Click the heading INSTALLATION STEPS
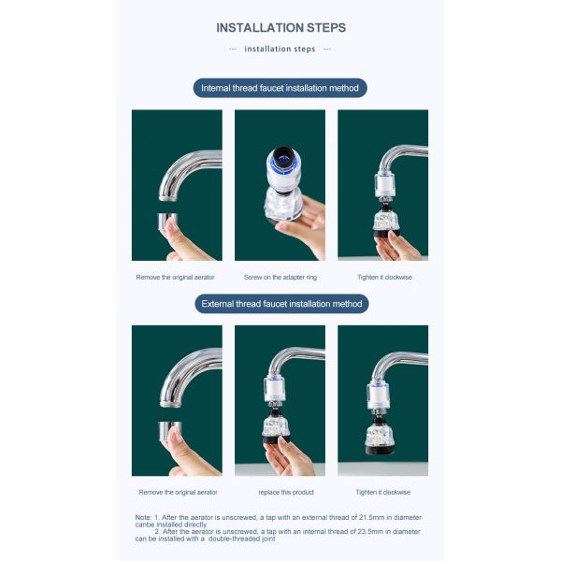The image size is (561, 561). (x=280, y=28)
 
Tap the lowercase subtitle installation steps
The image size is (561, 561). (x=280, y=49)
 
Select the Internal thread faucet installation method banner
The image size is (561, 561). (x=280, y=88)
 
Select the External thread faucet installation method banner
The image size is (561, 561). (x=281, y=304)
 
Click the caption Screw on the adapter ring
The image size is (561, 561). (x=280, y=278)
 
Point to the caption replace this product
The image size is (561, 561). (x=286, y=493)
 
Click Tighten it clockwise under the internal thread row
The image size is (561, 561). (x=384, y=278)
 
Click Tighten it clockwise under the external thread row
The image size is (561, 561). (x=382, y=493)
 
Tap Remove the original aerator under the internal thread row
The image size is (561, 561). (x=176, y=278)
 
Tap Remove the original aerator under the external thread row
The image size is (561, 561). (x=179, y=493)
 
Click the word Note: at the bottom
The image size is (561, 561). (x=143, y=517)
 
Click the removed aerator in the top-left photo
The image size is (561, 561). (x=166, y=223)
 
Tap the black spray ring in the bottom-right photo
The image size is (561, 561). (x=380, y=449)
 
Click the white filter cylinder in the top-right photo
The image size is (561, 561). (x=384, y=185)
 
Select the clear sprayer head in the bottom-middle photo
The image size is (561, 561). (x=276, y=425)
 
